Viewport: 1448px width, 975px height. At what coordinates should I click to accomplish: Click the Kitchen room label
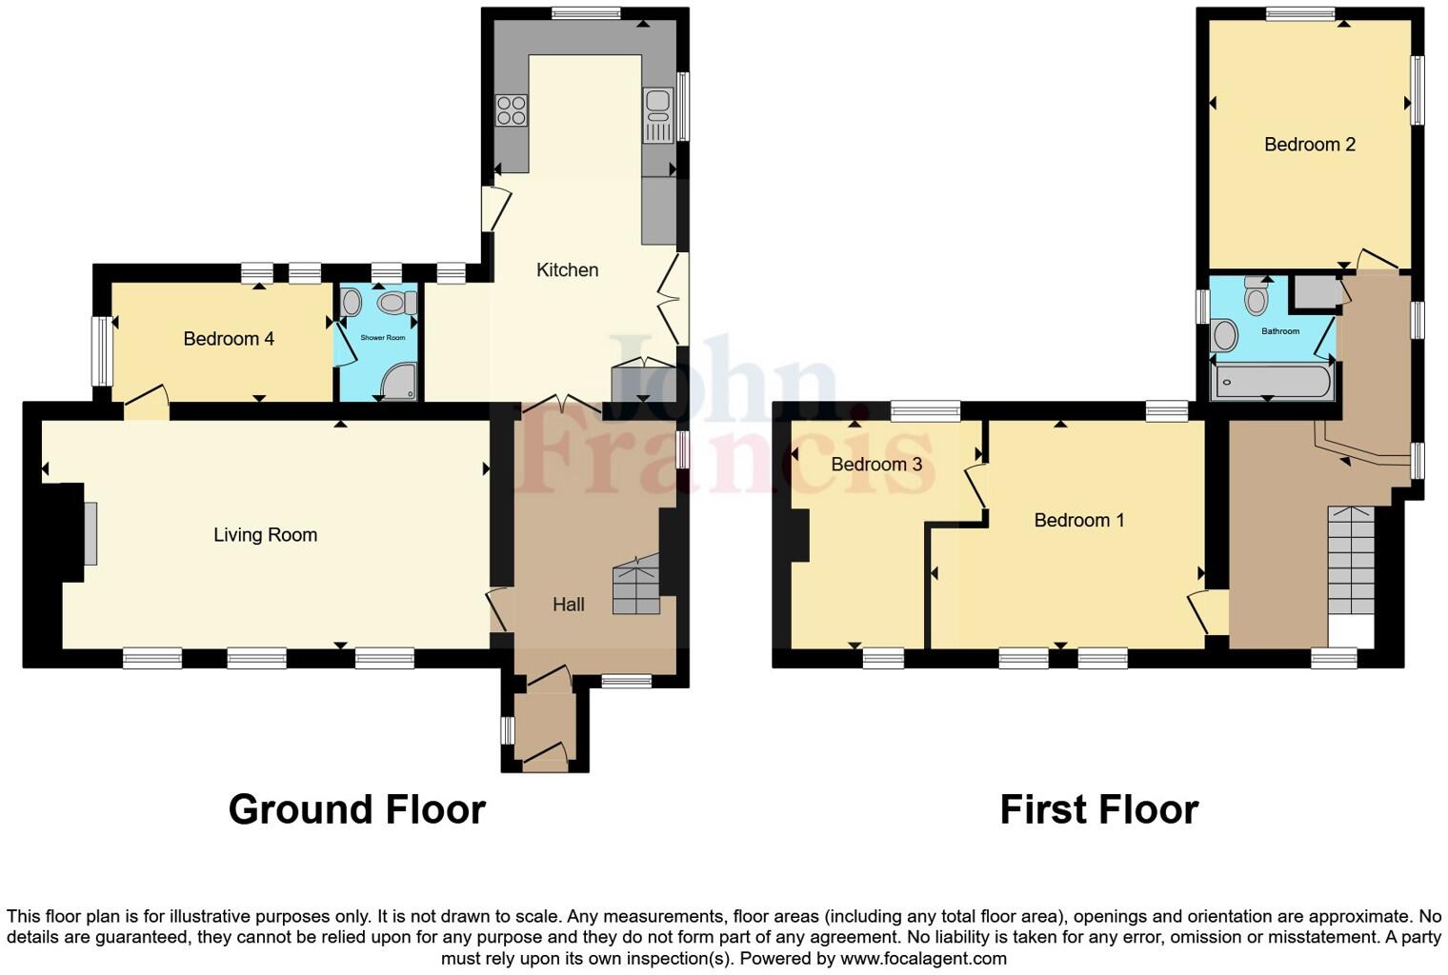click(x=567, y=270)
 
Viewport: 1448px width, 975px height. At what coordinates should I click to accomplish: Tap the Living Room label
click(x=265, y=535)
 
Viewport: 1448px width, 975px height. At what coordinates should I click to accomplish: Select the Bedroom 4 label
click(x=229, y=339)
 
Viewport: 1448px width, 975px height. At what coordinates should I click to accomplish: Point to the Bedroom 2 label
click(x=1309, y=145)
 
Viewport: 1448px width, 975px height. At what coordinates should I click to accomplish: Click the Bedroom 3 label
click(x=876, y=465)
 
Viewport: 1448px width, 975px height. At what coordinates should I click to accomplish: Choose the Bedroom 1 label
click(x=1078, y=521)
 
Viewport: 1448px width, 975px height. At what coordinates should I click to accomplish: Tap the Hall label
click(x=568, y=605)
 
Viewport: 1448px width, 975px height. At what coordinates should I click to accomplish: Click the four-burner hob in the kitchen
click(x=512, y=110)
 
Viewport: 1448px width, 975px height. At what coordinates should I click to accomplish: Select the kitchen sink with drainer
click(x=658, y=114)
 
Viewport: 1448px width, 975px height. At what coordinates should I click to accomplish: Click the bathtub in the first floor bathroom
click(x=1270, y=383)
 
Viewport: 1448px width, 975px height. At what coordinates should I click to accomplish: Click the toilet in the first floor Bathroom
click(x=1257, y=297)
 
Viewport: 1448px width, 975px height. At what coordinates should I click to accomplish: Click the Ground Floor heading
click(x=356, y=809)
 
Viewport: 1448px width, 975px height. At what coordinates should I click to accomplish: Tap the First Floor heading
click(x=1098, y=809)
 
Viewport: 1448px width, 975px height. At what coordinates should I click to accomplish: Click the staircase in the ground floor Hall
click(x=636, y=586)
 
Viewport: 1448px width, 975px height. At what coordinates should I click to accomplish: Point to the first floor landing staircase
click(x=1351, y=562)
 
